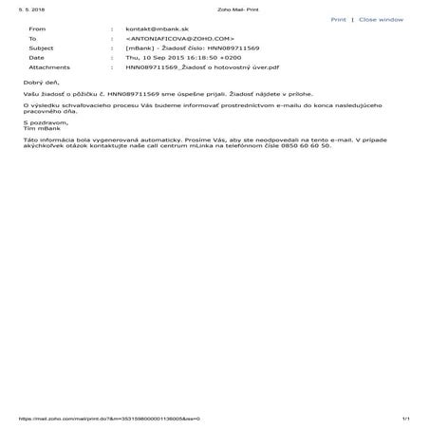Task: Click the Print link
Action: [338, 19]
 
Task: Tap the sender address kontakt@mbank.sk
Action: [157, 30]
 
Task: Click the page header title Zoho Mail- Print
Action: [214, 7]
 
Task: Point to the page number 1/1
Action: [405, 419]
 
